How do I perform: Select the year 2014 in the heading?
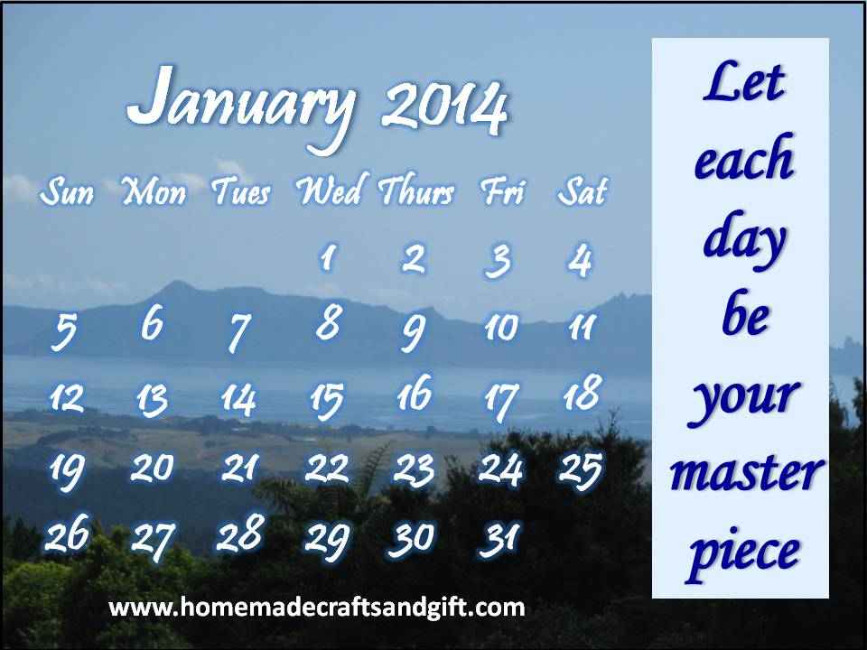(444, 107)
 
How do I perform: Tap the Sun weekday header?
(67, 191)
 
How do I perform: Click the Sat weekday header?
(583, 191)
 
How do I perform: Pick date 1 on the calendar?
(329, 257)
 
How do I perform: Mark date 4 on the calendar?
(581, 259)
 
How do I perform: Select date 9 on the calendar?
(414, 332)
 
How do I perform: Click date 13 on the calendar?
(152, 400)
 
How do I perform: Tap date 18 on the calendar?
(583, 392)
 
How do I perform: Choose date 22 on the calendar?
(327, 469)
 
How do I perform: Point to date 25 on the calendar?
(580, 470)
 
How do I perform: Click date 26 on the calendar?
(67, 534)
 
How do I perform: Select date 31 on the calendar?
(499, 539)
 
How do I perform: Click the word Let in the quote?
(743, 82)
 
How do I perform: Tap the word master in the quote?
(747, 472)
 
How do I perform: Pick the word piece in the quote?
(744, 553)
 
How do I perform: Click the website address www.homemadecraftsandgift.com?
(317, 608)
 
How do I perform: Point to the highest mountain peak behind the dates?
(177, 283)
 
